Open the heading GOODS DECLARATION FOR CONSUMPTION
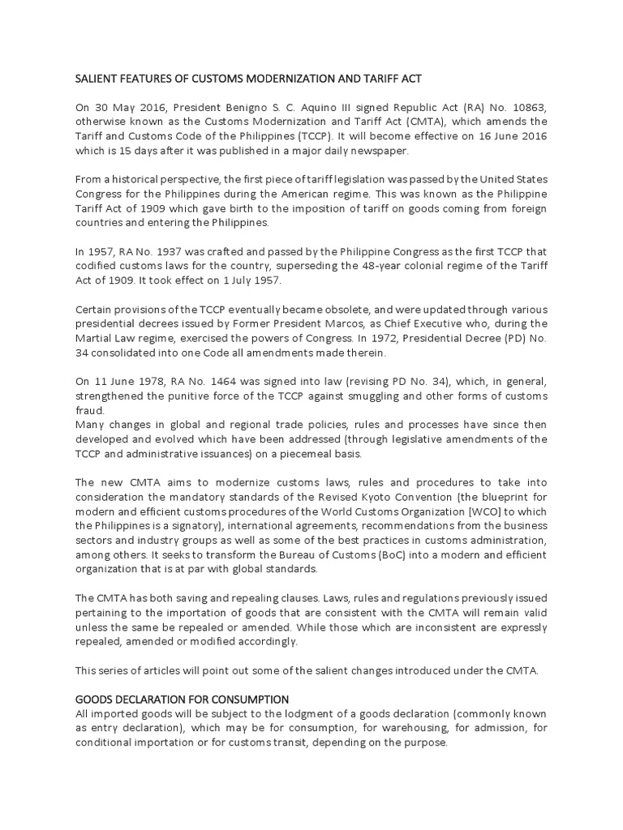coord(183,699)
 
